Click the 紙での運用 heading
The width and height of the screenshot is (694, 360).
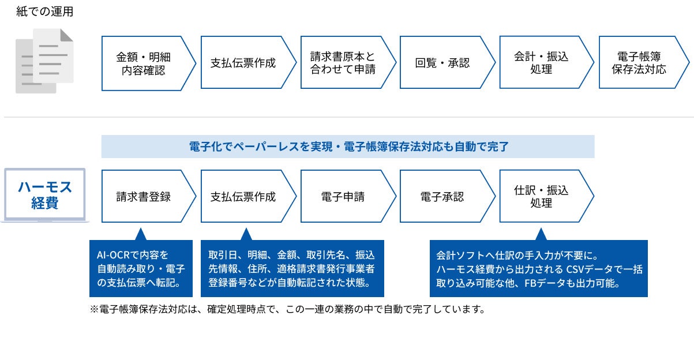click(45, 12)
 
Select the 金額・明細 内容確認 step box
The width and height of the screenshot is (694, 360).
click(144, 63)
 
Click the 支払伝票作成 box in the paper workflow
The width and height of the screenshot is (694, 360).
click(243, 63)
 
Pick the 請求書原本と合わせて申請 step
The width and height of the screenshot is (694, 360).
click(343, 63)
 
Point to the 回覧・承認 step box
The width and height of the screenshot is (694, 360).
click(442, 63)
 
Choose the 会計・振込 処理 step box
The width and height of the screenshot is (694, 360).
click(541, 63)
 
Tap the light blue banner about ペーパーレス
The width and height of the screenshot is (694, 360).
click(348, 147)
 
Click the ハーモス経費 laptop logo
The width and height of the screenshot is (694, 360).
click(44, 195)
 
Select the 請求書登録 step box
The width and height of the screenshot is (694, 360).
click(144, 196)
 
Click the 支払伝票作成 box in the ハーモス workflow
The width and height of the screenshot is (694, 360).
click(243, 196)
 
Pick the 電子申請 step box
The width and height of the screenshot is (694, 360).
click(343, 196)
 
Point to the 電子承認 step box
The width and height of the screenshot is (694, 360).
click(442, 196)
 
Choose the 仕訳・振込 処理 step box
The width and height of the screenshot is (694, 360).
click(541, 196)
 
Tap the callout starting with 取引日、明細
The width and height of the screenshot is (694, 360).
click(292, 269)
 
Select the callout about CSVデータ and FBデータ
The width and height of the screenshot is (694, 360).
click(539, 269)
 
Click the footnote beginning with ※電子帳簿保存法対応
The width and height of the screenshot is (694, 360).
click(287, 309)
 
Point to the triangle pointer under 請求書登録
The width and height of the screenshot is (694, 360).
click(141, 234)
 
